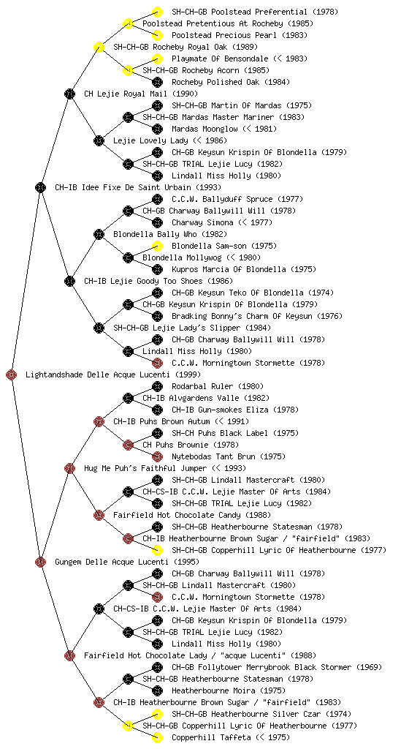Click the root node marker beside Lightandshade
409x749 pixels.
[x=12, y=375]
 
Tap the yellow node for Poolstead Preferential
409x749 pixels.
[x=157, y=12]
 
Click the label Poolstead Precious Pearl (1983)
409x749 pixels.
[x=240, y=35]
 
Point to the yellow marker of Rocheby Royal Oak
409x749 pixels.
[x=99, y=47]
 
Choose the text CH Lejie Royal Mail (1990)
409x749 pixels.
[x=141, y=94]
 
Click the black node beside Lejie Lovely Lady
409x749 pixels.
[x=99, y=141]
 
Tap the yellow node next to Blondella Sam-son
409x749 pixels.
[x=157, y=246]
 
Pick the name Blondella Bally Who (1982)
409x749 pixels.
[x=170, y=235]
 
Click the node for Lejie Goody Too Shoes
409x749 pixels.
[x=69, y=282]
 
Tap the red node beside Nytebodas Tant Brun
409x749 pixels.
[x=157, y=456]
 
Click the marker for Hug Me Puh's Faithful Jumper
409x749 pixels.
[x=69, y=469]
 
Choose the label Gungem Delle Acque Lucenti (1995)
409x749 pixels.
[x=127, y=562]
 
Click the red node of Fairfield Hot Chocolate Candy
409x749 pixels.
[x=99, y=516]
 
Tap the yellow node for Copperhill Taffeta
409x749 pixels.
[x=157, y=737]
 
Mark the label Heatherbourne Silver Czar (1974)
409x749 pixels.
[x=261, y=714]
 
